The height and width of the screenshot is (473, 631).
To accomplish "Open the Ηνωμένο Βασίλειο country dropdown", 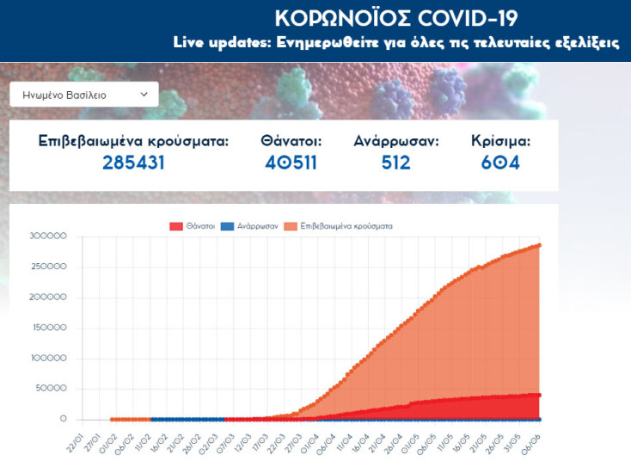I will (x=84, y=95).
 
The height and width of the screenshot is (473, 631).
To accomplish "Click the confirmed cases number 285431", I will (x=133, y=163).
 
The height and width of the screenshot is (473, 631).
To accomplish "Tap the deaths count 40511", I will (x=291, y=163).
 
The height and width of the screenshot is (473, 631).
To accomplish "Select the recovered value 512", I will (x=396, y=163).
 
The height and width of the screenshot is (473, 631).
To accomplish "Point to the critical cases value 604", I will (x=501, y=163).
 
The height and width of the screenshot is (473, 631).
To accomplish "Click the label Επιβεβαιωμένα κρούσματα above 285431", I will (x=133, y=140).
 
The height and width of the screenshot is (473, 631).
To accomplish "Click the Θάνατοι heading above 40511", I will (x=291, y=140).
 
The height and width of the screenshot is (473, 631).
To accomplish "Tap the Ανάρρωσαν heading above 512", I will (x=396, y=140).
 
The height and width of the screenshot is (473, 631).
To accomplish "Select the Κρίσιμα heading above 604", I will (x=501, y=140).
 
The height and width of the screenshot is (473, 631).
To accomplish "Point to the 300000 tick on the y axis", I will (x=48, y=236).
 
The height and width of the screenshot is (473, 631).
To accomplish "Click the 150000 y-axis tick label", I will (x=48, y=328).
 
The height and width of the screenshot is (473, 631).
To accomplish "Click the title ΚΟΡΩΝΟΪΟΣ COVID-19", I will (x=396, y=18).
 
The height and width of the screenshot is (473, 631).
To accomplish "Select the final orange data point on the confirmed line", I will (x=539, y=245).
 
